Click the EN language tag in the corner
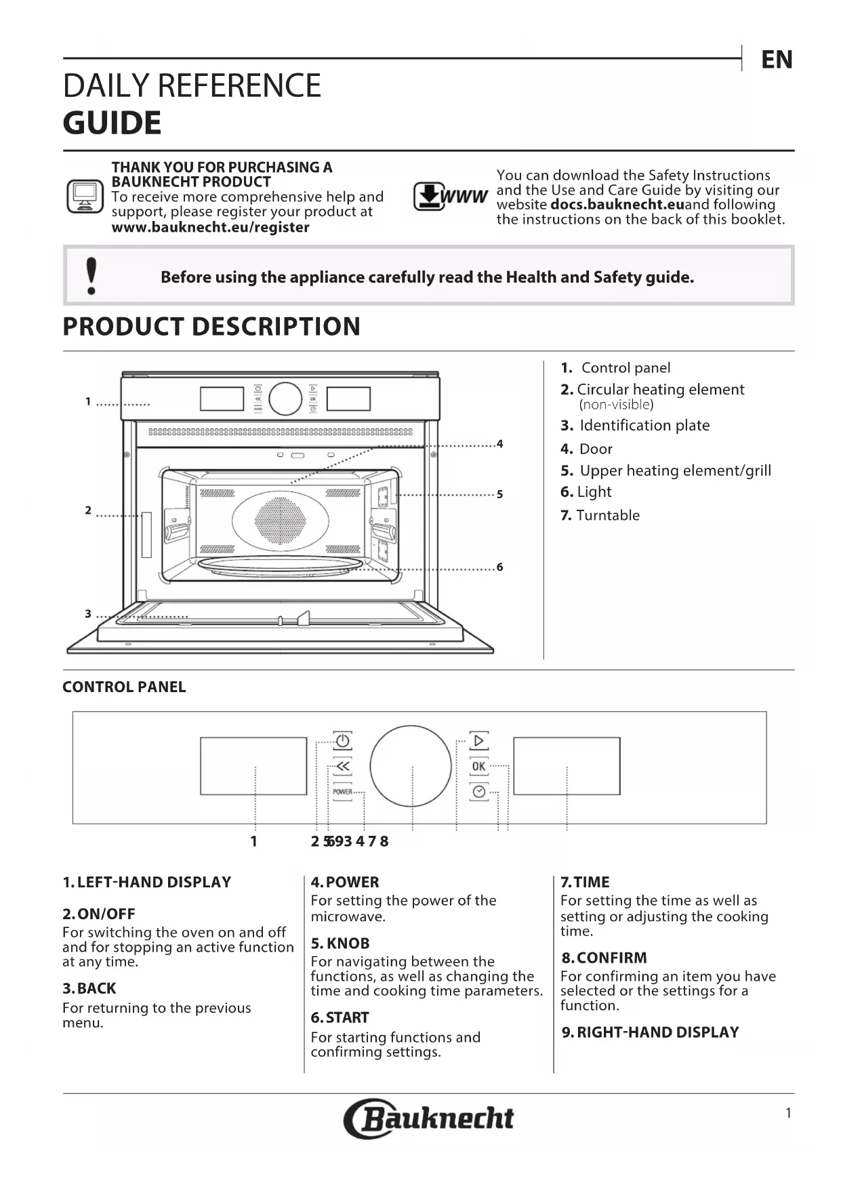777,60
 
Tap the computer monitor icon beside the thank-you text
85,197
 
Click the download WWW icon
450,197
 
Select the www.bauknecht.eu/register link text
210,228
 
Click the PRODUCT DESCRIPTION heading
211,327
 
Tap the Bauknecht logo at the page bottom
429,1118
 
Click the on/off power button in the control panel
342,740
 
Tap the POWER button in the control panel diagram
342,792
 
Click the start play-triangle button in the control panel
478,740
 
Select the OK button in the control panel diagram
478,766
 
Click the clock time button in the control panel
478,792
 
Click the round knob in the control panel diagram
411,767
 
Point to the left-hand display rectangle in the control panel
253,766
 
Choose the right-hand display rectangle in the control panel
567,766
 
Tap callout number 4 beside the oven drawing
499,444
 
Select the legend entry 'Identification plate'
644,426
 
